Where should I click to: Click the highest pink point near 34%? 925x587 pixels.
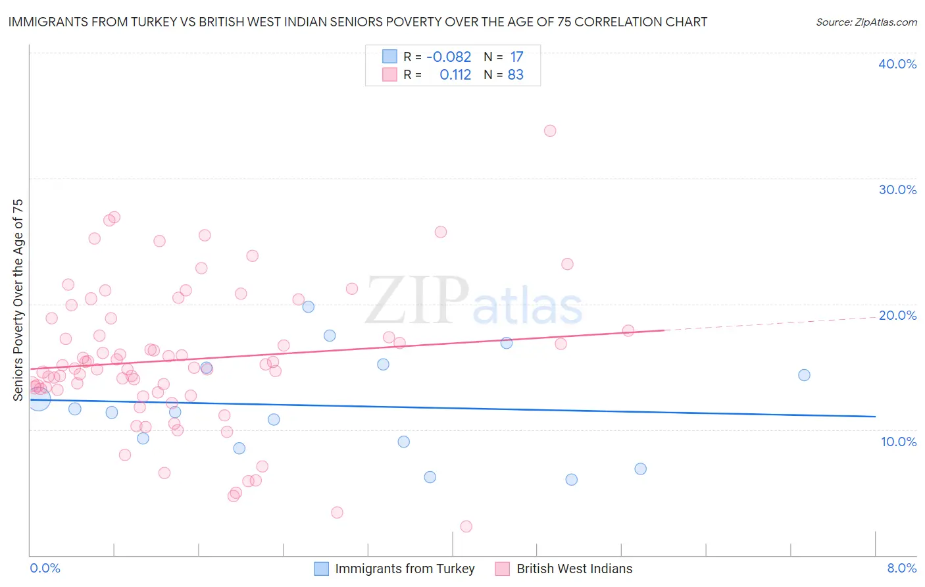tap(550, 130)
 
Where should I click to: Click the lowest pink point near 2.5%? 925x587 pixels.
tap(466, 526)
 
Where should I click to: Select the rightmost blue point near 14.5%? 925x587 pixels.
tap(804, 375)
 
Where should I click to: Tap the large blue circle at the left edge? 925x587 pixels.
tap(39, 398)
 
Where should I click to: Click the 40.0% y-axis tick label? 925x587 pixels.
tap(897, 64)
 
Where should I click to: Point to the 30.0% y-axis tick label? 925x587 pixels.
tap(897, 190)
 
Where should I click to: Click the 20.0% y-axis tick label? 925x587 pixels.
tap(897, 315)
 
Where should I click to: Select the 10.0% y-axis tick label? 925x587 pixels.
tap(899, 442)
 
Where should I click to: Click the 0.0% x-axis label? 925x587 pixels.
tap(45, 568)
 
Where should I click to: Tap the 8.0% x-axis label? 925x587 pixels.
tap(901, 568)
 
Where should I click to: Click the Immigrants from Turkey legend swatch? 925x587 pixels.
tap(321, 569)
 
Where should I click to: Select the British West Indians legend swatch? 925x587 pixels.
tap(503, 569)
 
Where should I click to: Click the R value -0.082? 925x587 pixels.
tap(449, 57)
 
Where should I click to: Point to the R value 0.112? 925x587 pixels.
tap(455, 75)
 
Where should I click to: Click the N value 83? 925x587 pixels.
tap(516, 75)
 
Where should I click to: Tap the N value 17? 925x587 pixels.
tap(516, 57)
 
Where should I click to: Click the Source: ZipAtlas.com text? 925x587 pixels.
tap(866, 22)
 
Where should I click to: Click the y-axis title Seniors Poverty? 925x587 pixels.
tap(18, 299)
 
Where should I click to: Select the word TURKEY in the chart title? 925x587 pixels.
tap(155, 22)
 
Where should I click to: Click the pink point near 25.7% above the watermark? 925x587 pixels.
tap(441, 232)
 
